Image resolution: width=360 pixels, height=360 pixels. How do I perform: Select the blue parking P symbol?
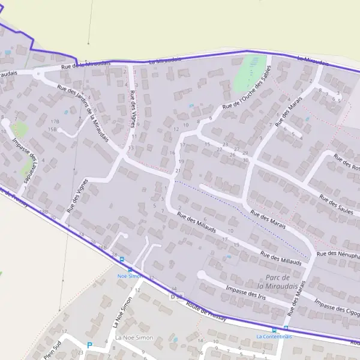tap(90, 345)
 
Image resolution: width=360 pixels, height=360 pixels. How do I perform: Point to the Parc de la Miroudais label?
tap(277, 281)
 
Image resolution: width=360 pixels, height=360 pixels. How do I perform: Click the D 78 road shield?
tap(175, 296)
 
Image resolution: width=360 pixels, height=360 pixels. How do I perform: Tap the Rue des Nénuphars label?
tap(339, 255)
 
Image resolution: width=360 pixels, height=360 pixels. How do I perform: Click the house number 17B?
tap(55, 121)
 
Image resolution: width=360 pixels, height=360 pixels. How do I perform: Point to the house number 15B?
tap(52, 129)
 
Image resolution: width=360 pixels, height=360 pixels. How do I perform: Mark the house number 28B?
tap(43, 212)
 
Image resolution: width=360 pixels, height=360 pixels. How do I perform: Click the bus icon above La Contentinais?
tap(275, 329)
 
